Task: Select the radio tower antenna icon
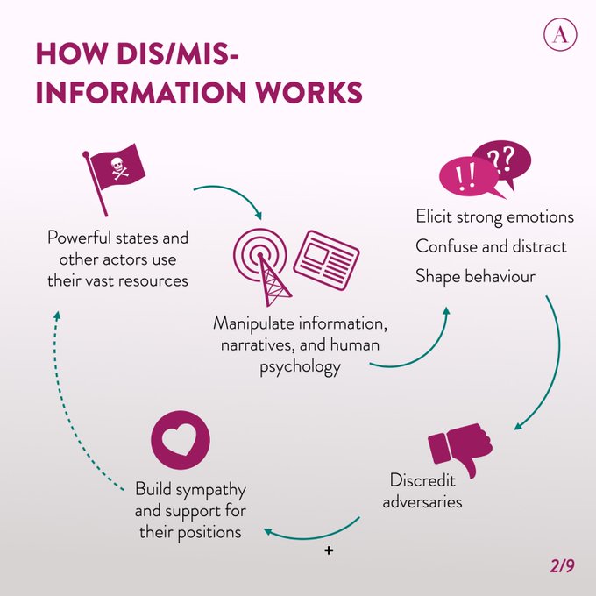(x=260, y=258)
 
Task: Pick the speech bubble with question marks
(x=501, y=160)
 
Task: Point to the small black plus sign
(x=329, y=551)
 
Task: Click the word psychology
(x=300, y=367)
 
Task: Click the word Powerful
(x=80, y=238)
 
